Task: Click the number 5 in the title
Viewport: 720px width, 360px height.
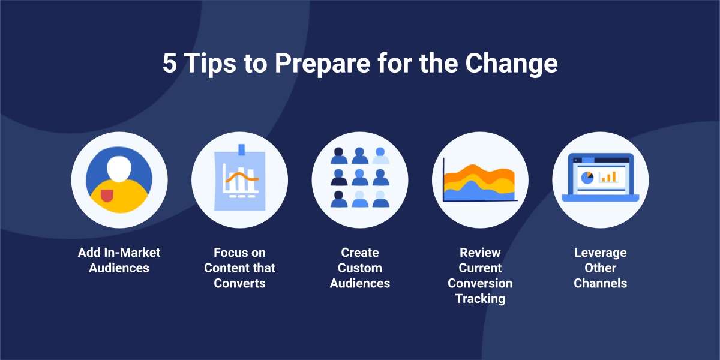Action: [170, 63]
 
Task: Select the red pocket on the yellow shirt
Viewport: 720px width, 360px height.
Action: [107, 196]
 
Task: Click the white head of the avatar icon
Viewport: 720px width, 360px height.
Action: [119, 169]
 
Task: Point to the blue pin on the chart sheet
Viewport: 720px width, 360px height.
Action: [241, 149]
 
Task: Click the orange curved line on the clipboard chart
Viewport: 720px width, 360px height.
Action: [242, 177]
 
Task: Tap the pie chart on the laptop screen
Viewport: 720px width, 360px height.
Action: [587, 178]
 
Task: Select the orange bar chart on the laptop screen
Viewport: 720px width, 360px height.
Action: [609, 177]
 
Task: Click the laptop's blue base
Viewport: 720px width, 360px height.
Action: [601, 198]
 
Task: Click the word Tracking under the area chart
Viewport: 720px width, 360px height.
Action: [480, 299]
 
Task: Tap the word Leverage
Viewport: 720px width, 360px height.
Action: [601, 253]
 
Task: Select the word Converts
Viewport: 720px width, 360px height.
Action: [240, 283]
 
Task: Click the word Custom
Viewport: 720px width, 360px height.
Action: [360, 268]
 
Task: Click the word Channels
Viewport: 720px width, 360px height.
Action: [601, 283]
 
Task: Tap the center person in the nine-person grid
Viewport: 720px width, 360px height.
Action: [360, 177]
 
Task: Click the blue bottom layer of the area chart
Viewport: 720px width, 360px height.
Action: [479, 192]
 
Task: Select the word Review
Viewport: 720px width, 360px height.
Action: [480, 253]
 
